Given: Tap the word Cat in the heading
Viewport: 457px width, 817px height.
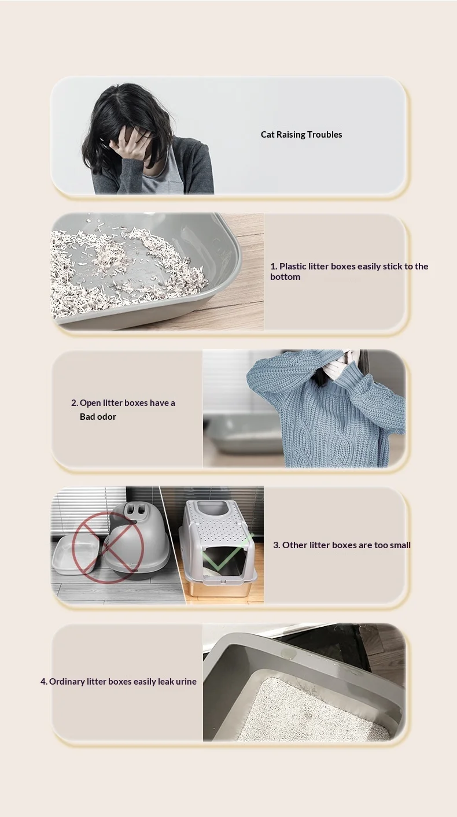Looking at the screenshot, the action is coord(267,135).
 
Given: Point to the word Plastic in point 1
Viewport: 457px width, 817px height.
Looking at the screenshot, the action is coord(292,266).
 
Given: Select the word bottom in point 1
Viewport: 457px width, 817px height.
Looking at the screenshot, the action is coord(285,277).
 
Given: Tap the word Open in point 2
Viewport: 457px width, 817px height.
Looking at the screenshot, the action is coord(90,403).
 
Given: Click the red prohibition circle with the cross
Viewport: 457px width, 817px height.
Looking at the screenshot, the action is coord(108,548).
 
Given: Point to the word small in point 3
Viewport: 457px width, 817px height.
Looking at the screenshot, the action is coord(400,545).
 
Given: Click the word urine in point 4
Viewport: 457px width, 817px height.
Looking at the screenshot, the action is coord(186,681).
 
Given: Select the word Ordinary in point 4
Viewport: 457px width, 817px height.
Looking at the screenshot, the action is coord(67,681).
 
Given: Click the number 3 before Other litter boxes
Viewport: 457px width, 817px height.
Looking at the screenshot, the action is coord(277,545).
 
